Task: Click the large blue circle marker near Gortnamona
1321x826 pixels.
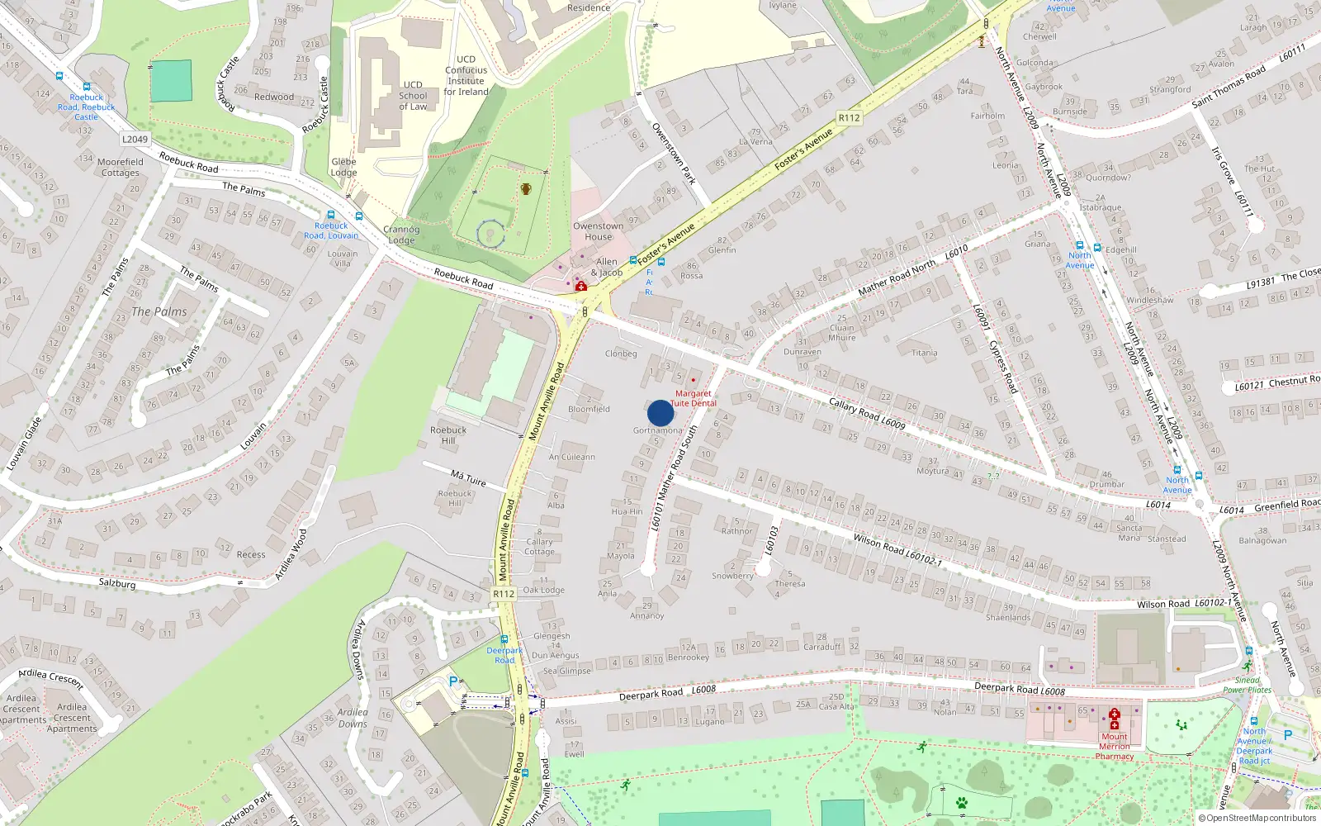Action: click(x=660, y=413)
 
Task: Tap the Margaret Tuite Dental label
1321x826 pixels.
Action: click(x=694, y=398)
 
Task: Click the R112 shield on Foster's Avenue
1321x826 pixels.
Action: click(x=849, y=118)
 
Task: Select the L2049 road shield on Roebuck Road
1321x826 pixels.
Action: click(x=135, y=140)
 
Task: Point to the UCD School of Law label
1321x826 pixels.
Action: click(x=413, y=96)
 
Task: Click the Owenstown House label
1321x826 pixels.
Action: click(x=599, y=231)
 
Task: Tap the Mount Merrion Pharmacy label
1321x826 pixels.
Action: click(x=1115, y=746)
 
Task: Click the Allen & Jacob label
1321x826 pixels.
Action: click(x=607, y=267)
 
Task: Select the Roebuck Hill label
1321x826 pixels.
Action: click(x=448, y=435)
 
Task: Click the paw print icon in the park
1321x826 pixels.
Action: click(x=962, y=802)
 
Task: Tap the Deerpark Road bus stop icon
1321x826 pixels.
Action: click(x=504, y=639)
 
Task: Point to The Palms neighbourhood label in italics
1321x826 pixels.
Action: click(x=159, y=311)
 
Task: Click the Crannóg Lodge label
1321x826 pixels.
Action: click(x=401, y=235)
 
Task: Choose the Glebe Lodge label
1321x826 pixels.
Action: click(x=343, y=167)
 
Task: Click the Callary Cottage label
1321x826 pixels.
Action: click(x=539, y=547)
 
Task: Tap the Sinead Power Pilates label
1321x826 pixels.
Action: click(x=1248, y=685)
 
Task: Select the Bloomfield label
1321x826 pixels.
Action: click(x=589, y=409)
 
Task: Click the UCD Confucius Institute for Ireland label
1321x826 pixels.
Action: click(x=466, y=75)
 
